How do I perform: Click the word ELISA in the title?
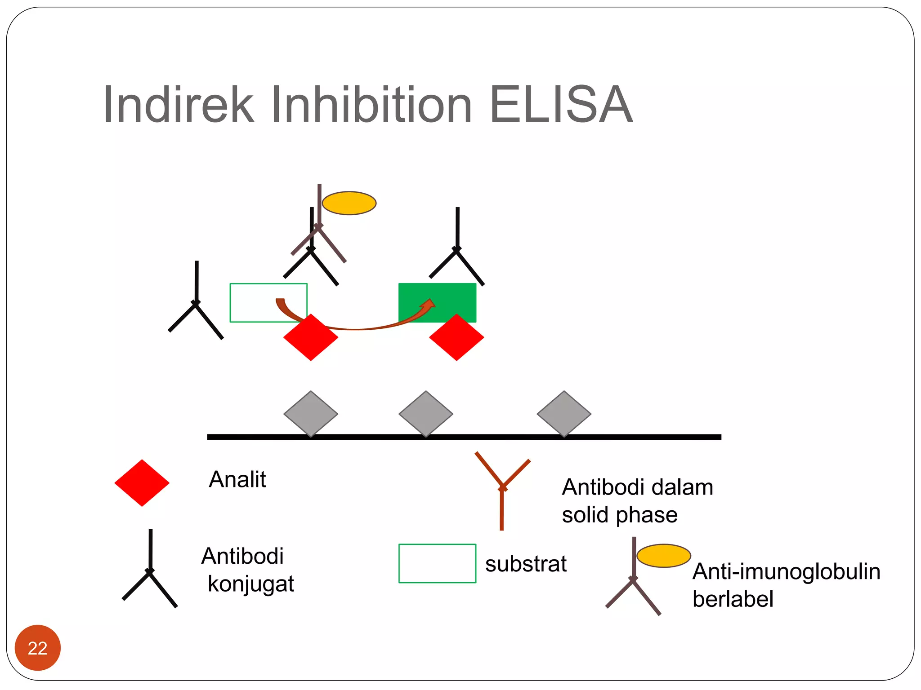(x=561, y=105)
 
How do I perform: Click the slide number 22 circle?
(x=38, y=647)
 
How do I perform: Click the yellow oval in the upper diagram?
(x=349, y=203)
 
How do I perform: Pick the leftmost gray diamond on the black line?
(x=311, y=413)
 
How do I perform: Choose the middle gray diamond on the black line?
(x=426, y=413)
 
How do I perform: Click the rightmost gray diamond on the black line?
(x=564, y=413)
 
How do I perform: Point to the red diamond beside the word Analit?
(x=142, y=483)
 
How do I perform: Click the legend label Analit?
(x=237, y=479)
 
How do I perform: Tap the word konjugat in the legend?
(x=250, y=584)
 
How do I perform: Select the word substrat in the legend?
(x=526, y=564)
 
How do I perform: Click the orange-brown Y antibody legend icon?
(x=502, y=490)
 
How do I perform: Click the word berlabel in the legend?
(x=733, y=599)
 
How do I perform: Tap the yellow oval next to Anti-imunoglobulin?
(x=663, y=556)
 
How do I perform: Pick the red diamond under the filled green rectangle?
(x=456, y=338)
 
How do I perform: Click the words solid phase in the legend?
(x=619, y=515)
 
